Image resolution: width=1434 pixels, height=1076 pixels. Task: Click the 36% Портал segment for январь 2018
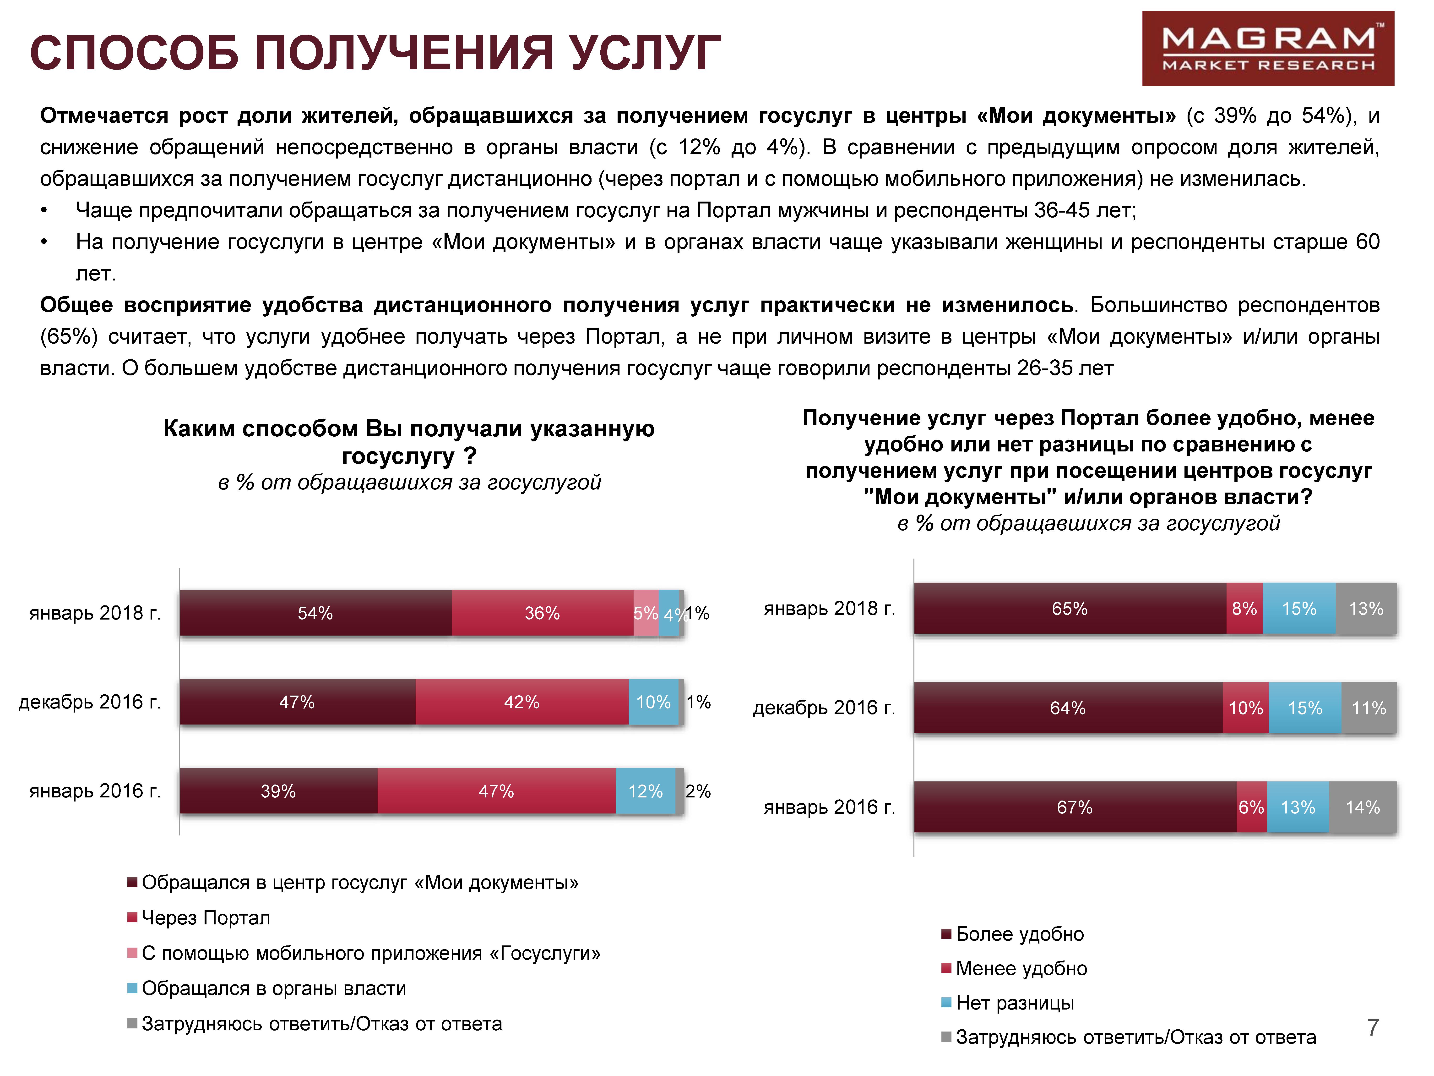coord(542,613)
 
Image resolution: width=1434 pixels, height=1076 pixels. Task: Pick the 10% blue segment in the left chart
coord(653,702)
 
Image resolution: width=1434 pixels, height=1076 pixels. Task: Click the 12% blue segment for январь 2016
coord(645,791)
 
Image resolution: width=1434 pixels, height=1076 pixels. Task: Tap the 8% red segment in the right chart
coord(1244,608)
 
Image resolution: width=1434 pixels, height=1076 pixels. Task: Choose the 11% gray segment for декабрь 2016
coord(1369,708)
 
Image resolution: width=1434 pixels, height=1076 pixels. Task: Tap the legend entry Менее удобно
coord(1021,968)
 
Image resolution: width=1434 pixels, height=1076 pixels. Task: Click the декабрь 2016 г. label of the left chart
coord(89,702)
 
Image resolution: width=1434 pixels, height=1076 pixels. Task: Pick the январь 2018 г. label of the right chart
coord(829,608)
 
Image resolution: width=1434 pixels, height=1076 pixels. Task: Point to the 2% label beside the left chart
coord(698,791)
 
